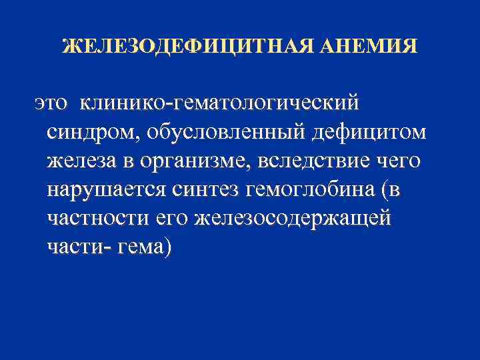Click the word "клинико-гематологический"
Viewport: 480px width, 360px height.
[219, 103]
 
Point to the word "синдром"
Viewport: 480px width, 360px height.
[89, 133]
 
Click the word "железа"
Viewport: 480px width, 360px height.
[79, 161]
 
